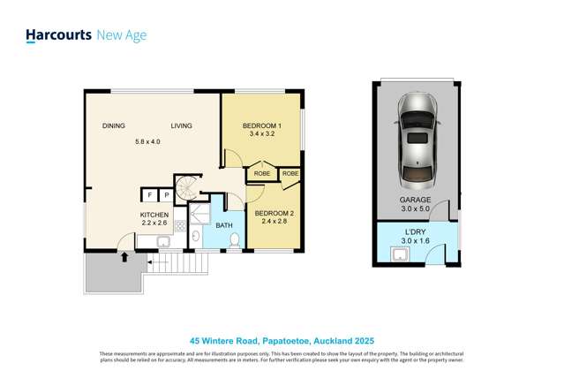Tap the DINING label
(x=114, y=126)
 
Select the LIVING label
(x=182, y=126)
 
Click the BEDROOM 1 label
(x=262, y=126)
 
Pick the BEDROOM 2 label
(x=274, y=214)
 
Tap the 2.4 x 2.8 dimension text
(x=274, y=223)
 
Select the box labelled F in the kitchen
(x=149, y=195)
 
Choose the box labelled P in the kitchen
(x=166, y=195)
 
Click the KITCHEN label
(x=154, y=216)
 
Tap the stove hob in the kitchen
(x=180, y=226)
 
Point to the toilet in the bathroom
(x=235, y=239)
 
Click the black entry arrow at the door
(x=124, y=257)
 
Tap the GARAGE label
(x=416, y=201)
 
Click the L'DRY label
(x=416, y=231)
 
